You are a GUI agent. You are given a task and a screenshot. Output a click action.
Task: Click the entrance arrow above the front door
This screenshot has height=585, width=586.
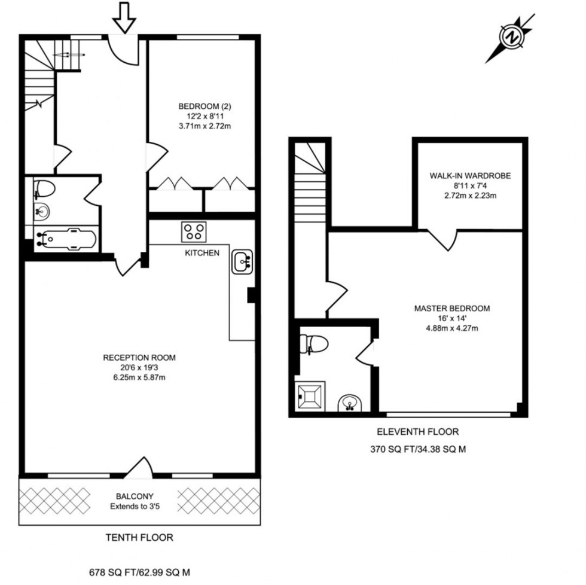point(124,17)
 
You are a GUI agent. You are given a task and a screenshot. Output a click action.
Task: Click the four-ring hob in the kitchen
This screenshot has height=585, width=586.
point(194,231)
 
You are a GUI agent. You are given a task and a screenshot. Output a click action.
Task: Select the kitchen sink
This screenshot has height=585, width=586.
point(242,261)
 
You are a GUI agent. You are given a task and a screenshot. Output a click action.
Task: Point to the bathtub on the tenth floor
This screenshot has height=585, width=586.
point(66,239)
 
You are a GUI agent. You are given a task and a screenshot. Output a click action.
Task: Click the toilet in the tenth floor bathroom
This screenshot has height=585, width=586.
point(44,189)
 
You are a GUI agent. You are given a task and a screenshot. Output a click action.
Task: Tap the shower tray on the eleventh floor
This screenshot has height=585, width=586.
point(310,396)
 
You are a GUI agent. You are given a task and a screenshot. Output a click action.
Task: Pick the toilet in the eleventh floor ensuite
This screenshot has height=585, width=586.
point(314,344)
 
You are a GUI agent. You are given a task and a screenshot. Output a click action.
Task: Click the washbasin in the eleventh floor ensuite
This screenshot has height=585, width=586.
point(350,403)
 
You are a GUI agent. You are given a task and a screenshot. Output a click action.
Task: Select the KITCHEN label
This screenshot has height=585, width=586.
point(202,253)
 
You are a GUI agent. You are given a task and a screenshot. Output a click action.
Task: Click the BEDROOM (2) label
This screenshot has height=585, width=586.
point(205,106)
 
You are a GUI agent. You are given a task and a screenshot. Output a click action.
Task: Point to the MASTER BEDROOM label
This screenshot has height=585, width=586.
point(452,309)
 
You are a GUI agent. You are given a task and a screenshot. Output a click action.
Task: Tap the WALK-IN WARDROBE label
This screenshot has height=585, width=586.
point(470,176)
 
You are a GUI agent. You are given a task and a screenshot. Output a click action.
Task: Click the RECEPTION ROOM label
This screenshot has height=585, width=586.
point(139,358)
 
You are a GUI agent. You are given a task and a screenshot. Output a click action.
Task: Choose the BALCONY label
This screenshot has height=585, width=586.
point(135,496)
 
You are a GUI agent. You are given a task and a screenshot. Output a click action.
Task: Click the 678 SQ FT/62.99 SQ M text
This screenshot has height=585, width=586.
point(139,572)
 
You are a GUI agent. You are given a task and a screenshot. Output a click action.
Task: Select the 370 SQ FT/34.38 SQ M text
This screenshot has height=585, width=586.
point(418,449)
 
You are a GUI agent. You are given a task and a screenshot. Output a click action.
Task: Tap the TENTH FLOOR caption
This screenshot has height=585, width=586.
point(139,538)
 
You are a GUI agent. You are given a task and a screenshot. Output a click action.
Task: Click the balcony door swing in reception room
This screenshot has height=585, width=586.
point(139,467)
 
